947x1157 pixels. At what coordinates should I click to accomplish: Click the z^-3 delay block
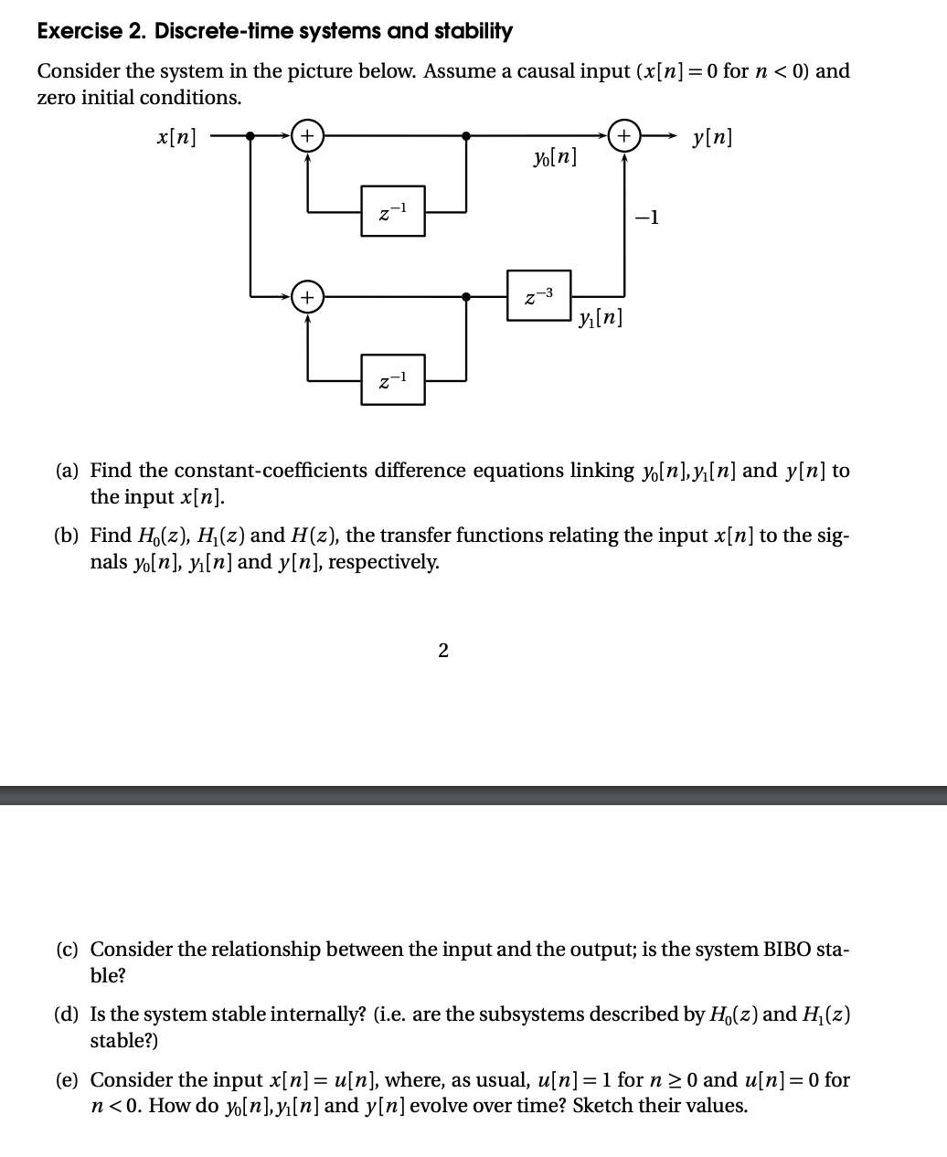tap(539, 295)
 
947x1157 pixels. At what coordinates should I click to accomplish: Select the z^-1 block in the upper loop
tap(393, 211)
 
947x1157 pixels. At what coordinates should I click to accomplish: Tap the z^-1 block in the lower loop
tap(393, 379)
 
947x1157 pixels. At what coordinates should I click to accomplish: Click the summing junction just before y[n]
tap(624, 136)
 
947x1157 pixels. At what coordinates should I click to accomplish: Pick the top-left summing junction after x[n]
tap(307, 136)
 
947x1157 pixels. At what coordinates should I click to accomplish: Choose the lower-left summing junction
tap(307, 296)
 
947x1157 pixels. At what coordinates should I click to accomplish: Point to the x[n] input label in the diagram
tap(176, 137)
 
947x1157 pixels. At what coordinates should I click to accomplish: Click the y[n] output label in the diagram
tap(712, 138)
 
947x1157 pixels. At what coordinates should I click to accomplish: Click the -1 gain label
tap(646, 218)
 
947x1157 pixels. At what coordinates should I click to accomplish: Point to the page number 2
tap(443, 651)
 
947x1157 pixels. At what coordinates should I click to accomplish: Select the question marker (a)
tap(67, 471)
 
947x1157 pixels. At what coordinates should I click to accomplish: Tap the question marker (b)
tap(67, 536)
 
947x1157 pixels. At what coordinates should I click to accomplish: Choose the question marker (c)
tap(67, 950)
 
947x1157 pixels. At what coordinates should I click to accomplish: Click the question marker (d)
tap(67, 1014)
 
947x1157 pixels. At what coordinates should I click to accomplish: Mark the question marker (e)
tap(67, 1080)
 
